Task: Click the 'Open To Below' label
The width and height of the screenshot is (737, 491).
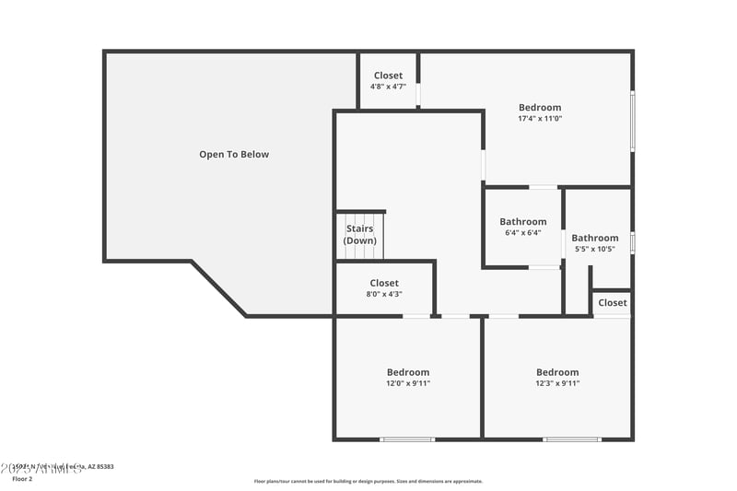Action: click(x=234, y=155)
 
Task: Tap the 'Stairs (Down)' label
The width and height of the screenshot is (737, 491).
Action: click(x=360, y=235)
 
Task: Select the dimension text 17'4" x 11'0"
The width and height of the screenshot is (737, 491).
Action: click(x=539, y=119)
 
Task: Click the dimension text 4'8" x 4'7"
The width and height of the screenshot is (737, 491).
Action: click(x=388, y=87)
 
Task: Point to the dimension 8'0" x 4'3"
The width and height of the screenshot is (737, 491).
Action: click(x=384, y=294)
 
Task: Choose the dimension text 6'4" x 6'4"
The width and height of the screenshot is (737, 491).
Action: click(x=522, y=233)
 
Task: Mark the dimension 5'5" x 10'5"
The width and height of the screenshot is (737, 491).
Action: click(x=594, y=250)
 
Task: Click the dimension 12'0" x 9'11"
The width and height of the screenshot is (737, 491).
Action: click(x=407, y=383)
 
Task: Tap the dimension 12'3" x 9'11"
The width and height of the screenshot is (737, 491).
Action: click(x=557, y=383)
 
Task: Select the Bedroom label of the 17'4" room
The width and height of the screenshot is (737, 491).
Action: click(x=539, y=108)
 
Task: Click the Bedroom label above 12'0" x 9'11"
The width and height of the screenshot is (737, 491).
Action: click(x=407, y=372)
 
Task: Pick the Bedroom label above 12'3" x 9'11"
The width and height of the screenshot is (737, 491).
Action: click(x=557, y=372)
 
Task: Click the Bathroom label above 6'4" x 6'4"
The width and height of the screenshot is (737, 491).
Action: click(x=522, y=222)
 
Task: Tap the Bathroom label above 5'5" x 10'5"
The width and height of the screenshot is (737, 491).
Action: click(x=594, y=239)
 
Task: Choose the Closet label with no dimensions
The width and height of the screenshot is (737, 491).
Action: click(x=612, y=302)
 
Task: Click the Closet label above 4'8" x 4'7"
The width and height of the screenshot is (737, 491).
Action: click(x=388, y=76)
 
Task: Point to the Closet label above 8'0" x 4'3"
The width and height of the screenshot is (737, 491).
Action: click(x=384, y=283)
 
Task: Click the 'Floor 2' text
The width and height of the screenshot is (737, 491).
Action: click(x=21, y=479)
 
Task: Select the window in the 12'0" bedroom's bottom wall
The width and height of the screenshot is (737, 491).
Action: click(x=407, y=439)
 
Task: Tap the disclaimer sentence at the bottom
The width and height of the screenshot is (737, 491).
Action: click(x=368, y=481)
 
